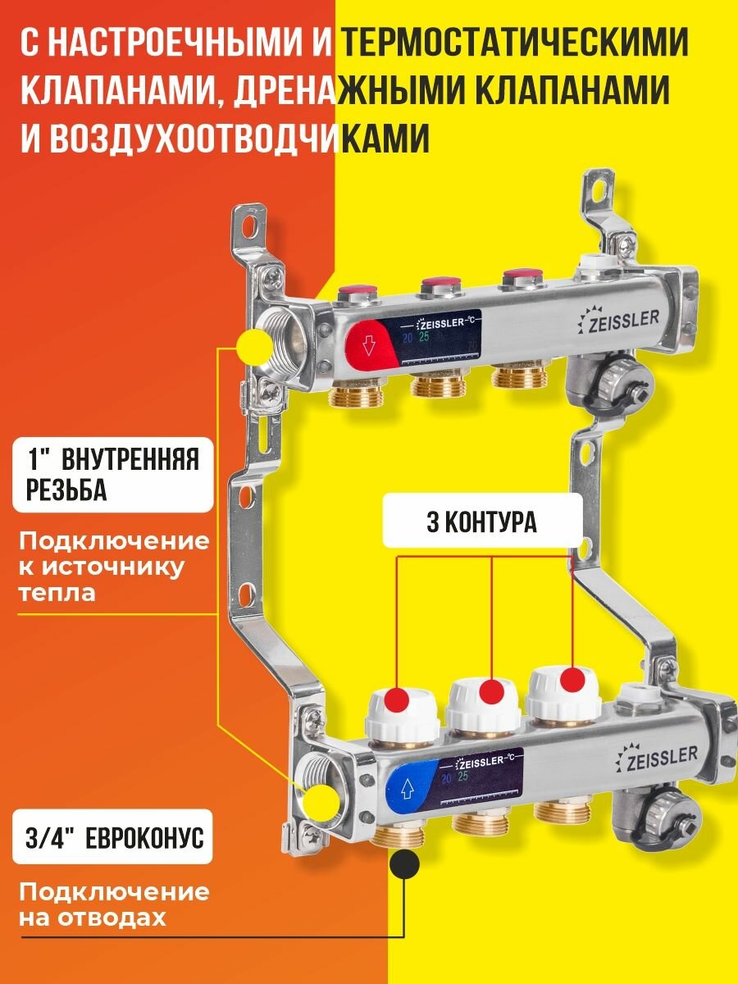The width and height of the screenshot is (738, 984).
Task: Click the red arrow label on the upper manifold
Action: (x=368, y=345)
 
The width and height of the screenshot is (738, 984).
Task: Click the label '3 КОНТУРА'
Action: (x=482, y=523)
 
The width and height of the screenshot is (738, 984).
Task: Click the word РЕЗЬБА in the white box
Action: (x=61, y=490)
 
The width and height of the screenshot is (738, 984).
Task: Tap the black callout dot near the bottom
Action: (x=404, y=863)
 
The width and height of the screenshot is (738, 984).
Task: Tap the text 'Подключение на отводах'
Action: (x=114, y=904)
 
